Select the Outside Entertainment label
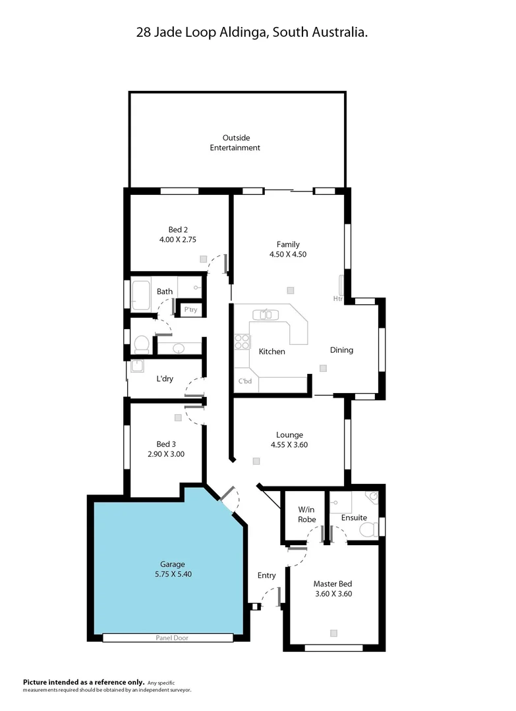(235, 143)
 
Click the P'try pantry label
(190, 309)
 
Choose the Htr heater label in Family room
(337, 298)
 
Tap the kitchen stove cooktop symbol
(242, 342)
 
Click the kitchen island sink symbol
(266, 315)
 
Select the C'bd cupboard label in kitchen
(244, 381)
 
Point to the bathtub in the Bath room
(142, 295)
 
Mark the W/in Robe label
(306, 514)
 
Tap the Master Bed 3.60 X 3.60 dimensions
(333, 593)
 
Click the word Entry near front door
(266, 575)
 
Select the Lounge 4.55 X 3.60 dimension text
(289, 444)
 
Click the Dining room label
(341, 350)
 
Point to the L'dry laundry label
(165, 379)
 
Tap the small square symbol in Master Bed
(333, 633)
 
